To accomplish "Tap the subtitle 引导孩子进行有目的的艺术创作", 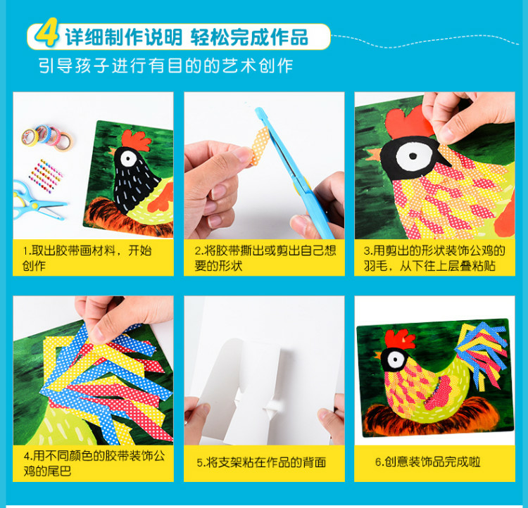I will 166,67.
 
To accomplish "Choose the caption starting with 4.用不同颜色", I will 89,463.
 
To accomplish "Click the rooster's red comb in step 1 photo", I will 134,136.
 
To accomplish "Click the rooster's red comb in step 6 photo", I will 400,338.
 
